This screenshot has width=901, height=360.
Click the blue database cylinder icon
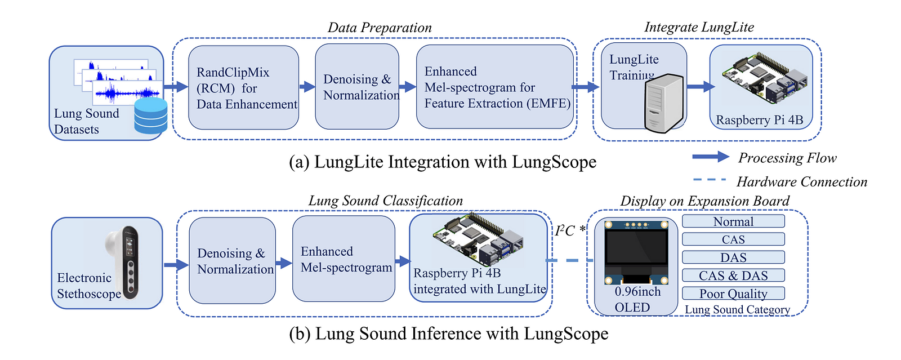pyautogui.click(x=151, y=115)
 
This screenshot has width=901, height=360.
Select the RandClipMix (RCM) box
pyautogui.click(x=243, y=88)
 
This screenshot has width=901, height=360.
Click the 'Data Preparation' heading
pyautogui.click(x=380, y=28)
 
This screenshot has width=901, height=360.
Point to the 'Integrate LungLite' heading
pyautogui.click(x=699, y=27)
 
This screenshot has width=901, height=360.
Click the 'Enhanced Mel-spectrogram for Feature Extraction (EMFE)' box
pyautogui.click(x=495, y=87)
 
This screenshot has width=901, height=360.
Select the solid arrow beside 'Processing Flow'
pyautogui.click(x=711, y=157)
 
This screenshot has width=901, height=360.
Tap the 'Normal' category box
pyautogui.click(x=733, y=221)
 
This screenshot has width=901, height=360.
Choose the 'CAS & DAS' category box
pyautogui.click(x=733, y=275)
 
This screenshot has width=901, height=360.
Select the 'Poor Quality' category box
pyautogui.click(x=733, y=294)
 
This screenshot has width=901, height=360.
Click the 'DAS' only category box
pyautogui.click(x=733, y=257)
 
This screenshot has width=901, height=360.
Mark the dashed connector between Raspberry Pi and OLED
pyautogui.click(x=569, y=260)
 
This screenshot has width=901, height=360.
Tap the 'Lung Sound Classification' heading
pyautogui.click(x=385, y=201)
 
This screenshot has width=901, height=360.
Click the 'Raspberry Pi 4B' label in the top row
pyautogui.click(x=759, y=120)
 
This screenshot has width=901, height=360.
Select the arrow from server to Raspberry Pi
pyautogui.click(x=700, y=86)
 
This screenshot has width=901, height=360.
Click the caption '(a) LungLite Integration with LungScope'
pyautogui.click(x=443, y=162)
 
